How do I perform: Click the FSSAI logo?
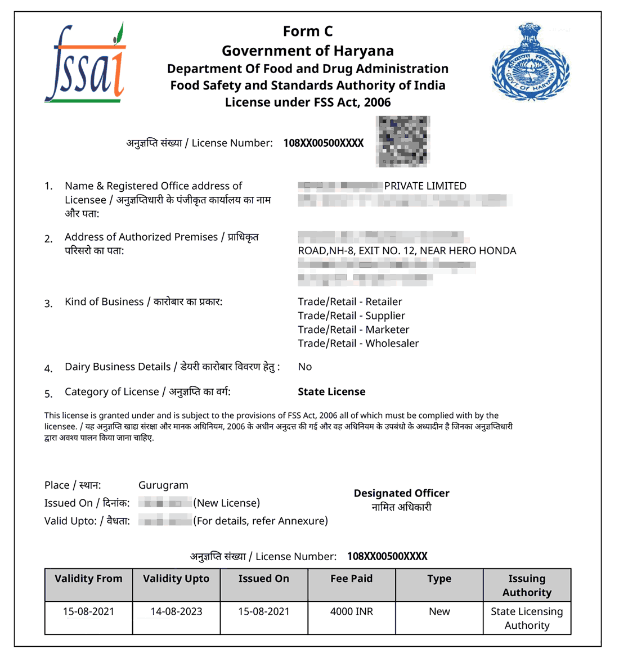pos(85,64)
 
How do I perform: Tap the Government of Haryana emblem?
pos(530,62)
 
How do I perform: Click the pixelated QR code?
pos(403,141)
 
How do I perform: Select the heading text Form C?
pos(307,31)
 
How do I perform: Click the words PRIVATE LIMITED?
pos(425,186)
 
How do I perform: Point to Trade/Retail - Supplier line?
pos(351,316)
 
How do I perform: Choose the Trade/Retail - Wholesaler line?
pos(358,344)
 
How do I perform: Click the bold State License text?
pos(331,392)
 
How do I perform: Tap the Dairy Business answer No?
pos(304,367)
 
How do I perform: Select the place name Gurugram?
pos(163,485)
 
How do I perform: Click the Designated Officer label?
pos(401,493)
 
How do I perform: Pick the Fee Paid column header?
pos(351,579)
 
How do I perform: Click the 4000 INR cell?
pos(351,611)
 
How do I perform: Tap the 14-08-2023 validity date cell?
pos(176,611)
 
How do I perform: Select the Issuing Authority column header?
pos(527,585)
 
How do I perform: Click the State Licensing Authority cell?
pos(527,618)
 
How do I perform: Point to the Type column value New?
pos(439,611)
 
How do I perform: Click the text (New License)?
pos(227,503)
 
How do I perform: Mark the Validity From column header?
pos(88,579)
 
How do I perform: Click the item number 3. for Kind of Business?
pos(49,304)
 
